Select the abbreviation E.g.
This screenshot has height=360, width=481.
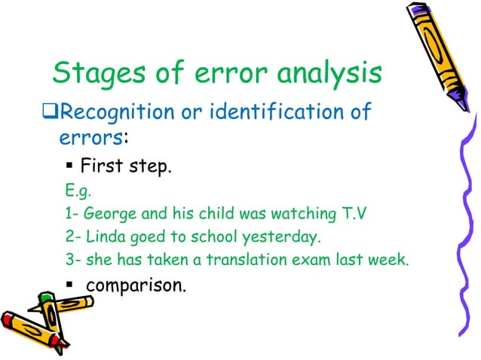click(x=77, y=191)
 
